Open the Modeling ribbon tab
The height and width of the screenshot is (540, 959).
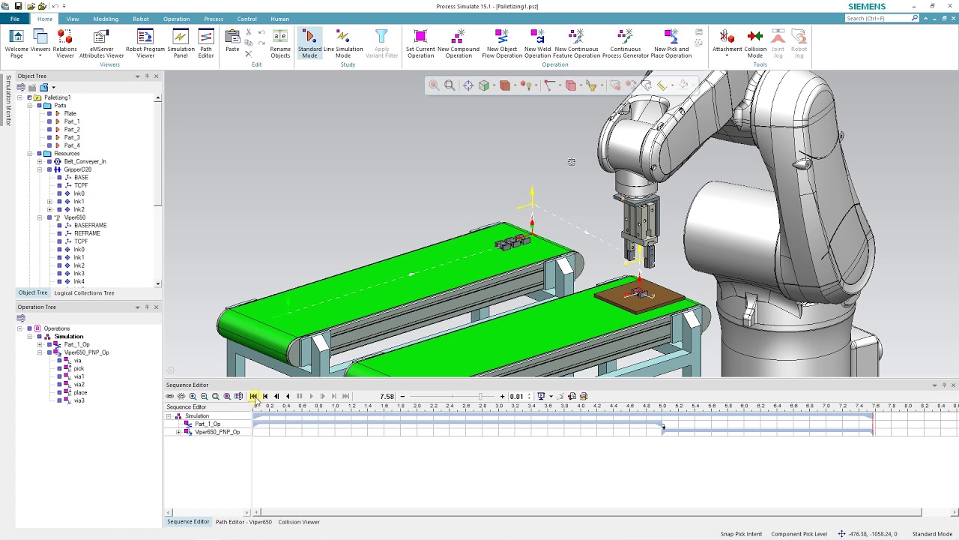[106, 19]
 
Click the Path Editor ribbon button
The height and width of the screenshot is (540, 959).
[206, 43]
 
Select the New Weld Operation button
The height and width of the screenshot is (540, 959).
[537, 43]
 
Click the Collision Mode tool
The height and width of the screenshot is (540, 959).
[754, 43]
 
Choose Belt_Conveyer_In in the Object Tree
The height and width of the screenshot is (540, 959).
[85, 161]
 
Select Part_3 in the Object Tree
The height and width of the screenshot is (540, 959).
[72, 137]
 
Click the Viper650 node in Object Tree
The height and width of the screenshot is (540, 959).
[75, 217]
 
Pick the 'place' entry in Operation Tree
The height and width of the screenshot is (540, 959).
[80, 392]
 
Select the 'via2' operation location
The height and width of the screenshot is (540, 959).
[79, 384]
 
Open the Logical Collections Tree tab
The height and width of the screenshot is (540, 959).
[84, 293]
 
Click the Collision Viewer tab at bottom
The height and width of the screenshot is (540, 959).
[299, 522]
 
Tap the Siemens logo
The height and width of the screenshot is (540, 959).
[866, 7]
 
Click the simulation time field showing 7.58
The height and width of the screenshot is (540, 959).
[387, 397]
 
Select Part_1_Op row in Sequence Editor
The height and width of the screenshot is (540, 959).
[208, 424]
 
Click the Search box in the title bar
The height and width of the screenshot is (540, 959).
[877, 18]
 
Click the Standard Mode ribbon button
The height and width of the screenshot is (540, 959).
[309, 43]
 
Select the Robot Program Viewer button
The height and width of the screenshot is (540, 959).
[145, 43]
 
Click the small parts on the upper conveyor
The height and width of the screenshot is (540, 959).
[512, 243]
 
